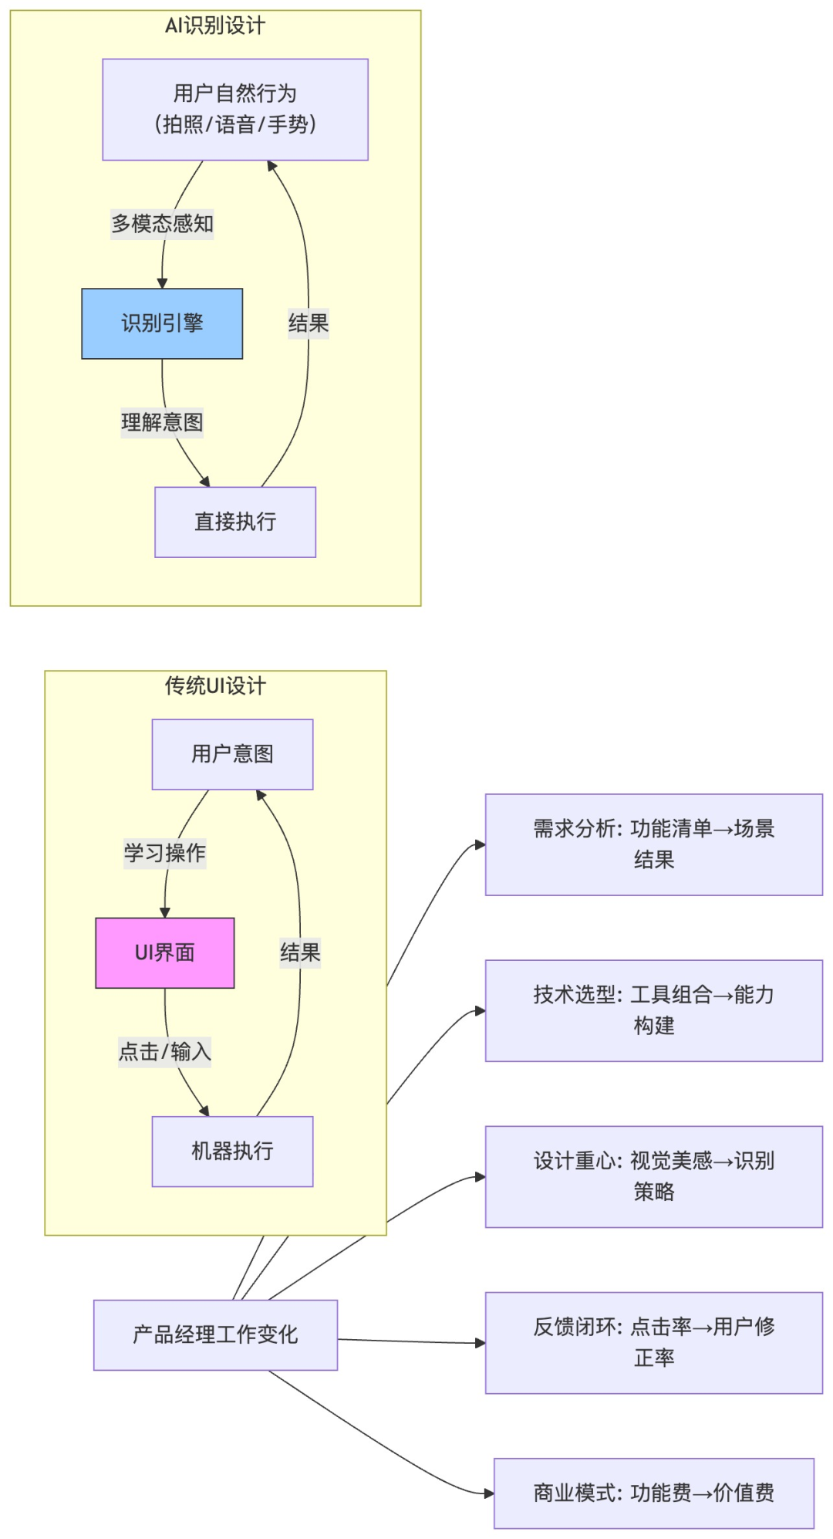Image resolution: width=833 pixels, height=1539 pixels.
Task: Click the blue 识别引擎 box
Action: click(x=162, y=323)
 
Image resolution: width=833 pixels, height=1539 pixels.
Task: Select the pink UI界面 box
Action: click(x=164, y=952)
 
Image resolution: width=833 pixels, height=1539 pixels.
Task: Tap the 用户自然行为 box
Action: click(x=235, y=110)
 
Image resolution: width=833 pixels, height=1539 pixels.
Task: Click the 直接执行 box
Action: click(x=235, y=522)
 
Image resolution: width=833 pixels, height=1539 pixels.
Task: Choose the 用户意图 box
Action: click(x=232, y=754)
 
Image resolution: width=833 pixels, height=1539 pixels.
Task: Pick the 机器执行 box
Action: click(x=232, y=1151)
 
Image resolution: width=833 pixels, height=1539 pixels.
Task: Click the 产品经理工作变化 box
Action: click(x=215, y=1334)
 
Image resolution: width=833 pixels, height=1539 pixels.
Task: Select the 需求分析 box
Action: click(x=653, y=844)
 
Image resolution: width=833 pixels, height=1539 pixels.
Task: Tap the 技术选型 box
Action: click(x=653, y=1010)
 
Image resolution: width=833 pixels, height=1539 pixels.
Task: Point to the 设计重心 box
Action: click(x=653, y=1176)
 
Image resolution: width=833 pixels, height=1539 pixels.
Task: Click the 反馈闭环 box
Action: click(x=653, y=1342)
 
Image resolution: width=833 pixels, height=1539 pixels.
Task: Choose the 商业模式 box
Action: click(x=653, y=1493)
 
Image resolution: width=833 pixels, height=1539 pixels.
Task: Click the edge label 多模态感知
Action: click(x=162, y=224)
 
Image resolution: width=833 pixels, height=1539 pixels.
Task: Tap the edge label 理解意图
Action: click(x=162, y=422)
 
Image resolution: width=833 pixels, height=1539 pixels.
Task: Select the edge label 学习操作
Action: click(x=164, y=853)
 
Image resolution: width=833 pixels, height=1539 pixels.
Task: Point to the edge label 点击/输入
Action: click(x=164, y=1051)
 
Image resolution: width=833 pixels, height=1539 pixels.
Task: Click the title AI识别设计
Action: click(x=215, y=25)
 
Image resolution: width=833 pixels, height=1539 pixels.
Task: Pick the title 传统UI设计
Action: click(x=215, y=685)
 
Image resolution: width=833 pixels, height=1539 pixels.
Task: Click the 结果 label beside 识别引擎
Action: click(x=309, y=323)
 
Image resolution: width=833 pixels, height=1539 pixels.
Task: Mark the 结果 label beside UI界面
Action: click(x=300, y=952)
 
